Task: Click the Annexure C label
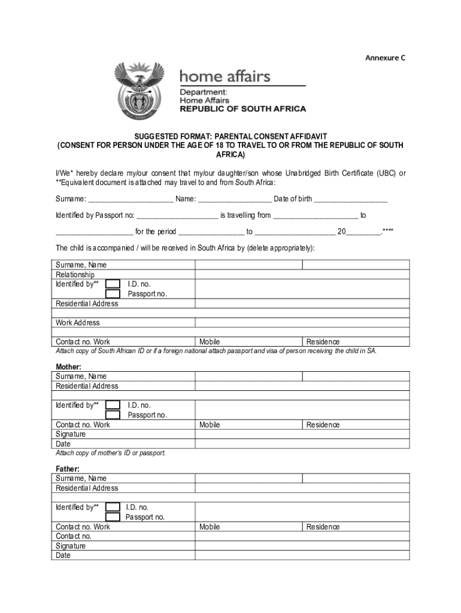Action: (x=386, y=58)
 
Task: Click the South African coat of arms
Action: (x=139, y=91)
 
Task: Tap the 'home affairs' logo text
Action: (x=225, y=77)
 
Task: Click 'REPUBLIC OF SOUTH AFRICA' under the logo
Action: (x=243, y=109)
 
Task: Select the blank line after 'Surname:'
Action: (x=131, y=199)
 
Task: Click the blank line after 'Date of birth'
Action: (x=350, y=199)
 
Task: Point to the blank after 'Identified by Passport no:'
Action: (x=177, y=216)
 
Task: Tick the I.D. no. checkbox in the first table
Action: (x=113, y=284)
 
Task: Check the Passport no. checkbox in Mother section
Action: (x=113, y=415)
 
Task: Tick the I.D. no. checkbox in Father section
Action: (x=113, y=507)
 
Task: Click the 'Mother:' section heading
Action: (x=68, y=366)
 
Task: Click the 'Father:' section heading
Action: (x=68, y=469)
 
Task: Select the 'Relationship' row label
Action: (x=75, y=275)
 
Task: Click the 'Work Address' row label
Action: (x=78, y=323)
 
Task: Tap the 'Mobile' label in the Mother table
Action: (x=210, y=424)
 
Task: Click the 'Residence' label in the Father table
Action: (x=323, y=527)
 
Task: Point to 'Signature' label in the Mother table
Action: (x=71, y=434)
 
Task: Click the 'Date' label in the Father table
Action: (x=63, y=556)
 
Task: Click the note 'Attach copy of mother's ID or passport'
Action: (x=110, y=453)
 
